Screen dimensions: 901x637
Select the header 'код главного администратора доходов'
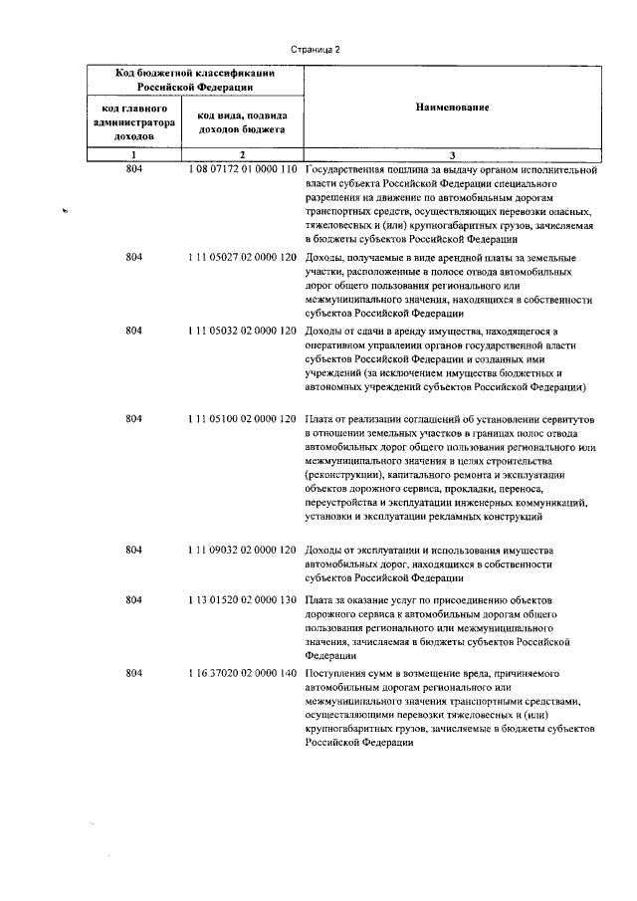click(133, 120)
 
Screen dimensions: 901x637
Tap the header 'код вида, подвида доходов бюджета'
click(242, 120)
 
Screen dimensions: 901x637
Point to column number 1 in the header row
click(133, 154)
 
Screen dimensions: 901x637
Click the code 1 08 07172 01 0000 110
click(242, 169)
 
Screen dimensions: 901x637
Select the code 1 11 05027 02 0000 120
click(242, 257)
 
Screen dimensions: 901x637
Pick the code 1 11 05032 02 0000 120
click(242, 330)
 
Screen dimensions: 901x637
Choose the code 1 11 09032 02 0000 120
click(242, 550)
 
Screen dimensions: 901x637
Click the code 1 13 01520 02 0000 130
click(242, 600)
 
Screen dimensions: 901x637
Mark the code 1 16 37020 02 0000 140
click(242, 673)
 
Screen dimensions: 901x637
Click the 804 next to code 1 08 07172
click(134, 169)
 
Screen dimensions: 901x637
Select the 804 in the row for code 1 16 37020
click(134, 673)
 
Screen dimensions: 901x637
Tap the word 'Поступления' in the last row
click(335, 673)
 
